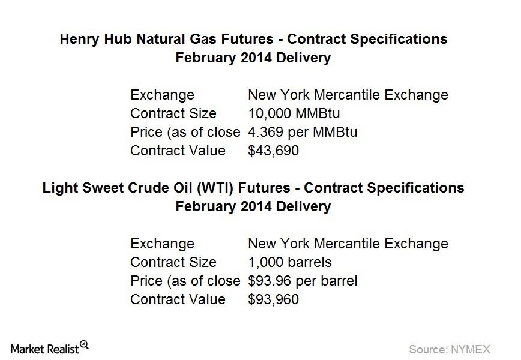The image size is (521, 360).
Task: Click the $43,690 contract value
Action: click(x=273, y=151)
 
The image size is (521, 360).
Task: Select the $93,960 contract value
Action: click(x=273, y=299)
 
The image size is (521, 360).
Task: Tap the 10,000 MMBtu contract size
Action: click(x=294, y=113)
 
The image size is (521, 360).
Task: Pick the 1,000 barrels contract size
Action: click(x=290, y=262)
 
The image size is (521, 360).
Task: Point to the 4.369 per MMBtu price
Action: click(x=303, y=132)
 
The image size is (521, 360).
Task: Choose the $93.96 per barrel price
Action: click(x=303, y=281)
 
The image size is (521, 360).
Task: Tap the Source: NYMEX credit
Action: click(x=449, y=349)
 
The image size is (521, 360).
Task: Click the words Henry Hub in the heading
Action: click(x=97, y=39)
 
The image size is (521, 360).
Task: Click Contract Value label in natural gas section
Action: click(x=178, y=151)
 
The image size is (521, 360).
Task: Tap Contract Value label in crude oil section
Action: click(x=178, y=299)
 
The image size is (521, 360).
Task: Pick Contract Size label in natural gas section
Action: click(x=173, y=113)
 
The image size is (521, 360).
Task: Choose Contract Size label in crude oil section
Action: click(x=173, y=262)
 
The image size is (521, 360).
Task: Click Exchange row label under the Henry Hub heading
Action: click(x=162, y=95)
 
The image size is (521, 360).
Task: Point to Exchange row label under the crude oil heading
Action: click(x=162, y=244)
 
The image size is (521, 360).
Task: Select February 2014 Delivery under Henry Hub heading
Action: click(x=253, y=58)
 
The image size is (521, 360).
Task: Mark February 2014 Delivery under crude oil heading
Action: click(x=253, y=206)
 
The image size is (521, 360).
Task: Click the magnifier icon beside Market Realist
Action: click(x=85, y=345)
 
